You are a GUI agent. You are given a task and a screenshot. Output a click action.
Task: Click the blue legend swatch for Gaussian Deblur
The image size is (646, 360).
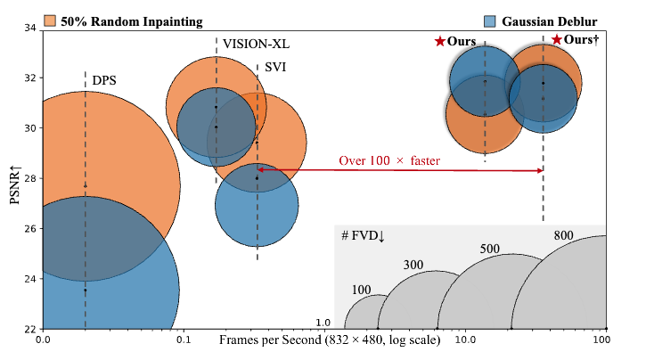[x=488, y=20]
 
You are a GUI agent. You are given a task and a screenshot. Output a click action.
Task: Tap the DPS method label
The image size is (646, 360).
[x=105, y=81]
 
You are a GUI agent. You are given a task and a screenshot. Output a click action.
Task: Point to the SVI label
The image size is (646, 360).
[x=275, y=68]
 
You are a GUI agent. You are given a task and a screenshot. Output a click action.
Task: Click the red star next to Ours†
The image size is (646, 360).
[x=557, y=40]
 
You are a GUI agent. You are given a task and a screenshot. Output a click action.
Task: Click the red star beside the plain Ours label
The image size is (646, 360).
[x=439, y=42]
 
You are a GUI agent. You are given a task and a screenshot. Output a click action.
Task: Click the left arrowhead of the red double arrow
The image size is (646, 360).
[x=260, y=169]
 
